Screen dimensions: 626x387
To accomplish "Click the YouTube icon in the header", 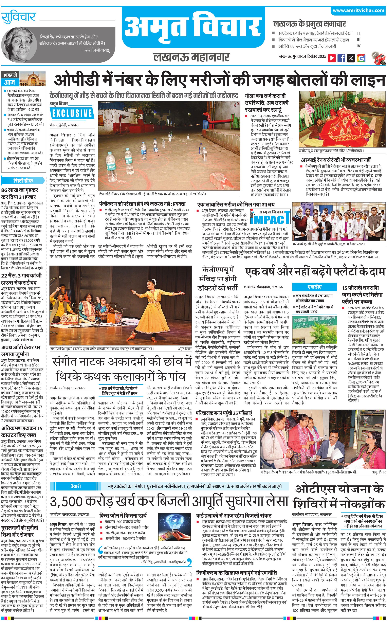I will coord(332,58).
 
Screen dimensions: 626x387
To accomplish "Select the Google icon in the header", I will coord(361,58).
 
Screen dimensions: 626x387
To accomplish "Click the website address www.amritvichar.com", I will coord(358,10).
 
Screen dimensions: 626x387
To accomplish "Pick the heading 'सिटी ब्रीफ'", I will coord(23,180).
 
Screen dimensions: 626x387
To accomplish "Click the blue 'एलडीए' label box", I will coord(315,287).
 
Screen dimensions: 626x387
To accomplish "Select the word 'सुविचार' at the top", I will coord(18,17).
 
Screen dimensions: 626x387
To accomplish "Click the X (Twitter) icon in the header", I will coord(351,58).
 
